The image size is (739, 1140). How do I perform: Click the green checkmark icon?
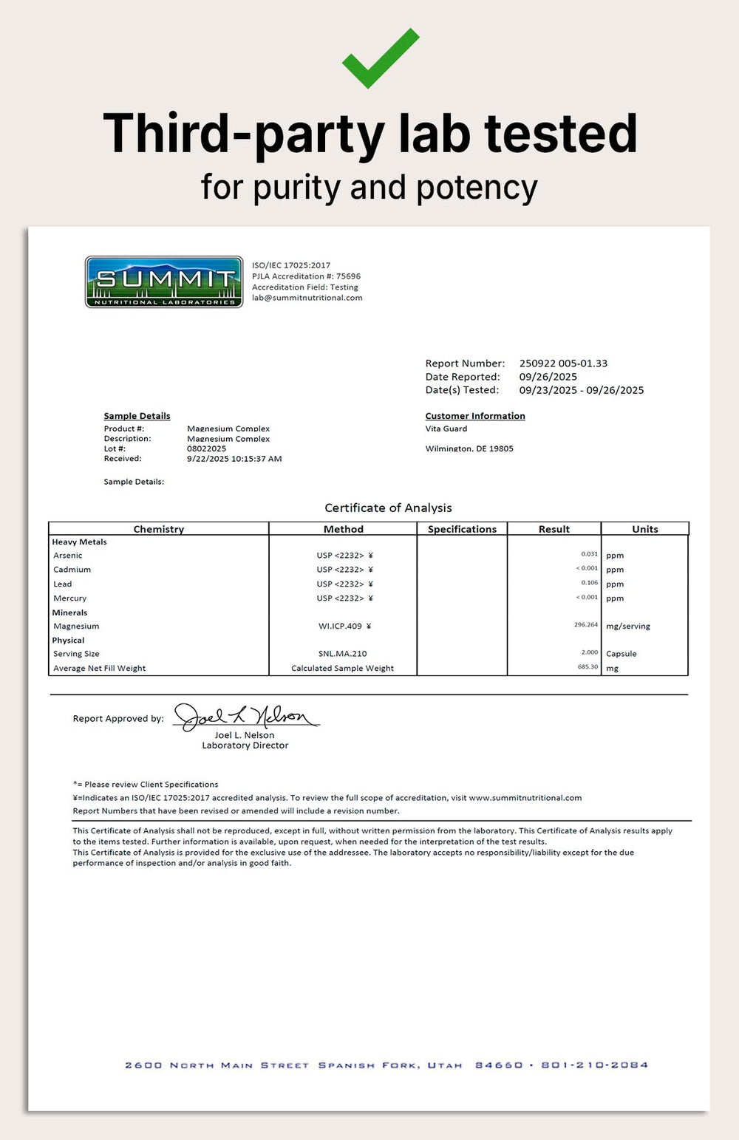click(380, 58)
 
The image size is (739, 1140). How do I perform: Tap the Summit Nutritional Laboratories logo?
click(164, 281)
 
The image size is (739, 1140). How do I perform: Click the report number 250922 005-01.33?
click(563, 363)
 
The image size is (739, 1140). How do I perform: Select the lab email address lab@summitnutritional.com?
click(307, 298)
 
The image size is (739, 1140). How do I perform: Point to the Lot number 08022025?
click(206, 448)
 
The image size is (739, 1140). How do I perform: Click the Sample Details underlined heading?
click(137, 416)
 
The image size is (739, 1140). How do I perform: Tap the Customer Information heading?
click(475, 416)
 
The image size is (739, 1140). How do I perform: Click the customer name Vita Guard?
click(446, 429)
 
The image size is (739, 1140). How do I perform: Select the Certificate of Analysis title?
click(388, 508)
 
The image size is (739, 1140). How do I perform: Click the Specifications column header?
click(462, 529)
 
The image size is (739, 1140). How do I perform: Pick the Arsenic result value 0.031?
click(589, 554)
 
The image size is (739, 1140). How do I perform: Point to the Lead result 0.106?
click(589, 583)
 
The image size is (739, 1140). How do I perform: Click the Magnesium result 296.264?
click(586, 625)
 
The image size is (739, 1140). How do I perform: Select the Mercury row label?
click(70, 598)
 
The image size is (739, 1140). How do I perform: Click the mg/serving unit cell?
click(628, 626)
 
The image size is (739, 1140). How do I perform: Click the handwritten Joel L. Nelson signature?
click(245, 716)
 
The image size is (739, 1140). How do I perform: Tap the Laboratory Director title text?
click(245, 745)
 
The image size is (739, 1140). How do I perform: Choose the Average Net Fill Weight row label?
click(100, 668)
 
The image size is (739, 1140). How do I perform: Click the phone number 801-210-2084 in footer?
click(594, 1065)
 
